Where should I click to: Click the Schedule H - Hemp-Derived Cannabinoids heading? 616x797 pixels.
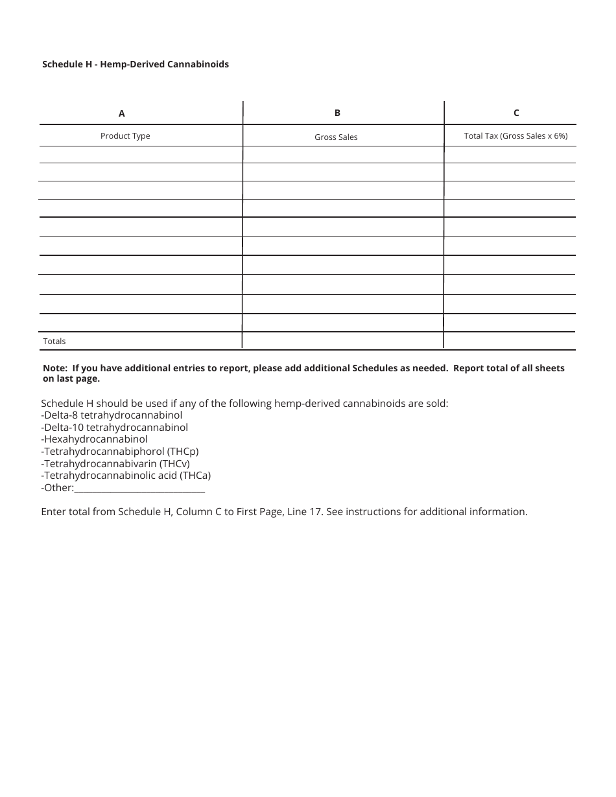(136, 64)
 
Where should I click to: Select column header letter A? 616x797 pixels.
(121, 113)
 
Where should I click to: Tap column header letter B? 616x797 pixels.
(337, 113)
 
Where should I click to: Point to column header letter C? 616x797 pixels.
(516, 113)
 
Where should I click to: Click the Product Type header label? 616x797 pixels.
(125, 136)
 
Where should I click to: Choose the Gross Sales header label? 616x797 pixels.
(336, 137)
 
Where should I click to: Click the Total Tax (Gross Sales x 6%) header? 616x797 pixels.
(515, 136)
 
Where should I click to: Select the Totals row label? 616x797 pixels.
(54, 341)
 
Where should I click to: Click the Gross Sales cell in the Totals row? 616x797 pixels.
(342, 341)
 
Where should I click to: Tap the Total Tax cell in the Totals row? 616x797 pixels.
(510, 341)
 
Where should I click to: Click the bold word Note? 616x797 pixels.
(55, 368)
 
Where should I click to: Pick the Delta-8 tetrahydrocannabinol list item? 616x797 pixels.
(112, 415)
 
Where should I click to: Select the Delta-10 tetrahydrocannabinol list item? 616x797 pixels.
(114, 428)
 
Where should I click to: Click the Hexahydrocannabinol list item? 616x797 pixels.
(94, 439)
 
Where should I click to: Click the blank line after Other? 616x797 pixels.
(139, 489)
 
